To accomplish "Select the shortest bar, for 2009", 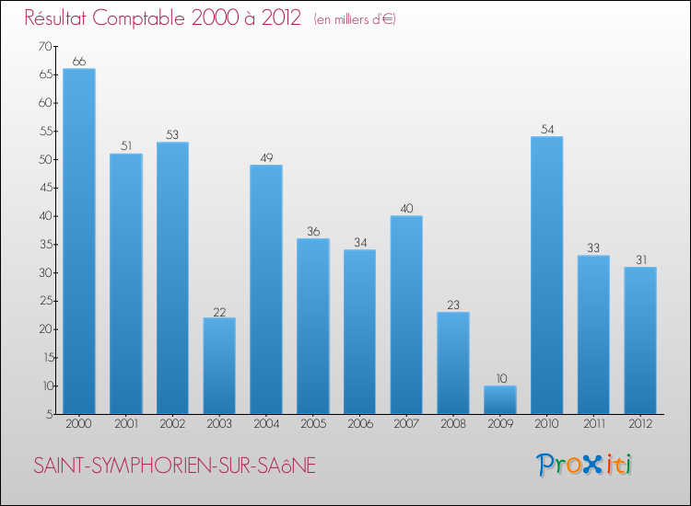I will pos(500,399).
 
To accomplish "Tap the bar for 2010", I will pos(547,275).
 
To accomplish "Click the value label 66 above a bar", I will pos(79,62).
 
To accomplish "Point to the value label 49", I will pos(266,157).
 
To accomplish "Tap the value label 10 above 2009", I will pos(500,378).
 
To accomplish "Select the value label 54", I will pos(547,129).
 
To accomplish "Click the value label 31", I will pos(640,259).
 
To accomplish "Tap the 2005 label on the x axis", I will pos(313,424).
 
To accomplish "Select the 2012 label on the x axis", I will pos(640,424).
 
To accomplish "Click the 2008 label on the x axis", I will pos(453,424).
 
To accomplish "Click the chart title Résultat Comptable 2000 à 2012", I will pos(163,17).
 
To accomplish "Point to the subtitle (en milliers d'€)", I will pos(355,19).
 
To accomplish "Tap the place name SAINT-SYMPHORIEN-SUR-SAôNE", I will pos(174,466).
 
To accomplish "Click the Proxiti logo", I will pos(585,465).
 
